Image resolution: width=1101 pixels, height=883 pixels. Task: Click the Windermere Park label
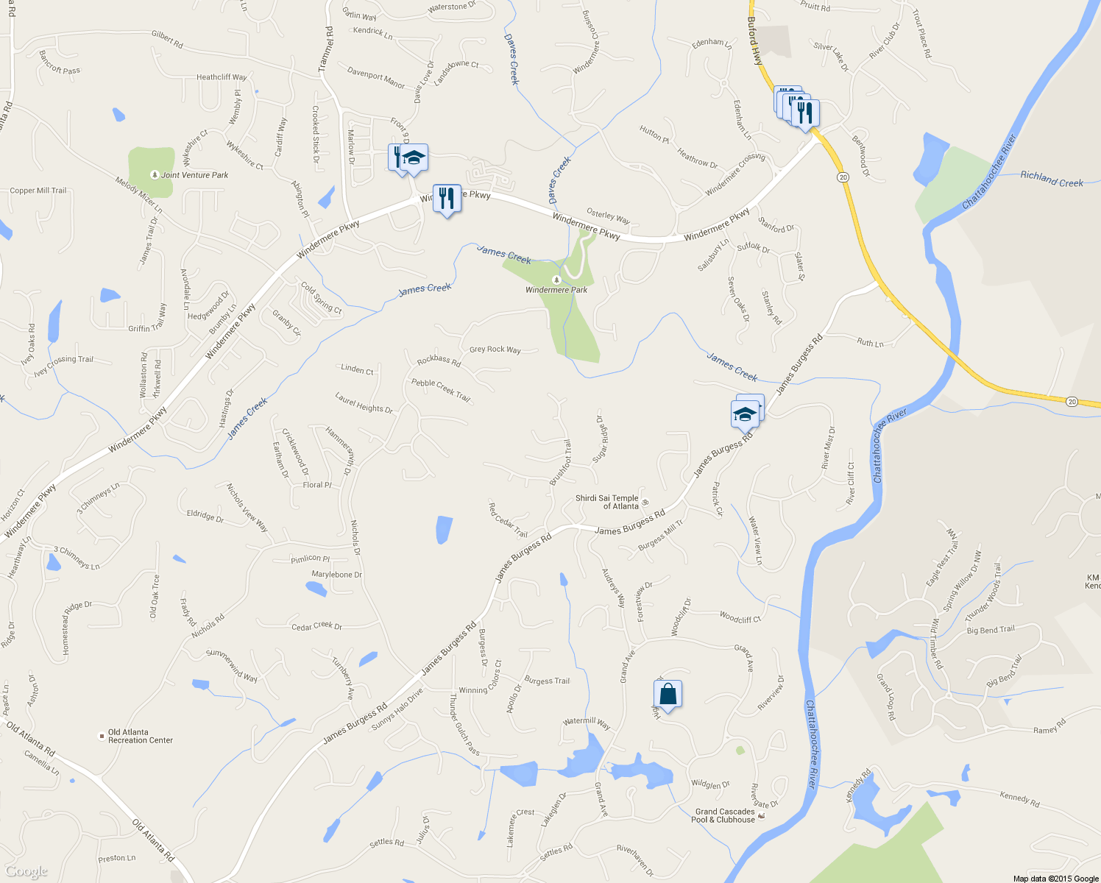(x=556, y=290)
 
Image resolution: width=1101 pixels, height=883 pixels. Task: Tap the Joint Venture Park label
(x=194, y=175)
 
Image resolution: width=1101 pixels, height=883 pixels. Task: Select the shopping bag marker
(x=668, y=695)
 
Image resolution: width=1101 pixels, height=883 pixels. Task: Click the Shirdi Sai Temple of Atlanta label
(x=607, y=502)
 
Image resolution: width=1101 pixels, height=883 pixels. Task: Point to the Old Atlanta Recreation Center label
(x=141, y=736)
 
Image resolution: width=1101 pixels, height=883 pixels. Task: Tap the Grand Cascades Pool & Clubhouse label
(x=725, y=815)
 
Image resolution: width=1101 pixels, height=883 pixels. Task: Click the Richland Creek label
(x=1051, y=179)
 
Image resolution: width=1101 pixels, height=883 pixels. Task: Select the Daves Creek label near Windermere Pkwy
(x=559, y=180)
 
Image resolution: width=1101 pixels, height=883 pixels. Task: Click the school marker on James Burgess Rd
(x=745, y=415)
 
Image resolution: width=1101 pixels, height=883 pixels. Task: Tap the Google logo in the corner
(x=26, y=872)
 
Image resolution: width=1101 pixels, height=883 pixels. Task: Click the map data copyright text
(x=1055, y=878)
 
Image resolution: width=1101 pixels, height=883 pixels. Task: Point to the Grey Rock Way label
(x=495, y=350)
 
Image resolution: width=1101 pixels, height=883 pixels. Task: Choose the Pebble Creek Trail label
(x=440, y=389)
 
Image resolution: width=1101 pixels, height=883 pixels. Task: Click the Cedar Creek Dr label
(x=316, y=626)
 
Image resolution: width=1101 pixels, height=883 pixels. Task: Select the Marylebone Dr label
(x=336, y=575)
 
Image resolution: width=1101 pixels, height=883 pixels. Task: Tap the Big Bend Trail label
(x=990, y=630)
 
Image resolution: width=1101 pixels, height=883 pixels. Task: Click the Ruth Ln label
(x=870, y=343)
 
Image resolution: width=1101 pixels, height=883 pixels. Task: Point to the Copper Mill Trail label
(x=38, y=191)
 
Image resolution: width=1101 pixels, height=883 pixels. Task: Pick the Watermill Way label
(x=587, y=723)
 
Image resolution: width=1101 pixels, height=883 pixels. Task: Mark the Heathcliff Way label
(x=222, y=77)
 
